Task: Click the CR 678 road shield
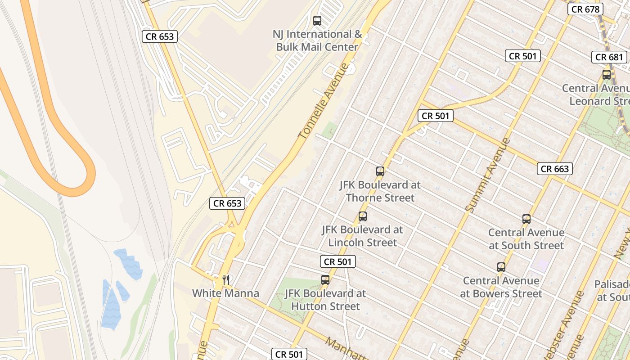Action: (585, 9)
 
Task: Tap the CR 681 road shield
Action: (610, 57)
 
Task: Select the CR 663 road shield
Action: (555, 169)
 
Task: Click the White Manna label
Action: (225, 293)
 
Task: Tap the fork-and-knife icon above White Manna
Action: (226, 279)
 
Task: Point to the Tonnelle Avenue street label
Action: (324, 101)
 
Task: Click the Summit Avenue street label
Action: (487, 175)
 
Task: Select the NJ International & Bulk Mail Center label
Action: (317, 40)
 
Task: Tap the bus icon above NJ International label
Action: (317, 20)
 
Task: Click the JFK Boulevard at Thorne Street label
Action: (380, 191)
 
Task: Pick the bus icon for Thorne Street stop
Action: (380, 171)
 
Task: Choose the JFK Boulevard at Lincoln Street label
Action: (362, 236)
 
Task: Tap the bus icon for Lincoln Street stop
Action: (363, 216)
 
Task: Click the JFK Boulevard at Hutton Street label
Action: (325, 300)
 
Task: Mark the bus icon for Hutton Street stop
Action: (325, 280)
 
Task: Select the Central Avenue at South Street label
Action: (526, 239)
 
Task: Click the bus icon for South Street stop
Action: (526, 219)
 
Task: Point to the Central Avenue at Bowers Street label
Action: (501, 287)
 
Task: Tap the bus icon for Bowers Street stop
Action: (501, 267)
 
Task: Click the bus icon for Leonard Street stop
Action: (607, 75)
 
